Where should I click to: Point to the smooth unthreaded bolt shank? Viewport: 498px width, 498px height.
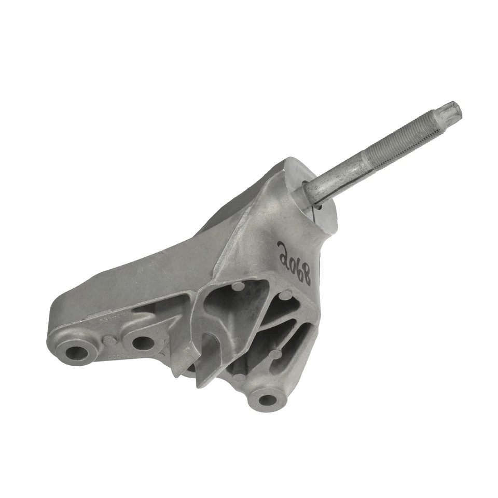[332, 181]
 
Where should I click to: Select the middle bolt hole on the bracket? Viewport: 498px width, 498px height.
[143, 343]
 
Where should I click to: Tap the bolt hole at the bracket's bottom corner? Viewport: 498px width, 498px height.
[267, 399]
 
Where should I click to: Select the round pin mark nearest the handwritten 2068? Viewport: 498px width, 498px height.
[284, 296]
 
